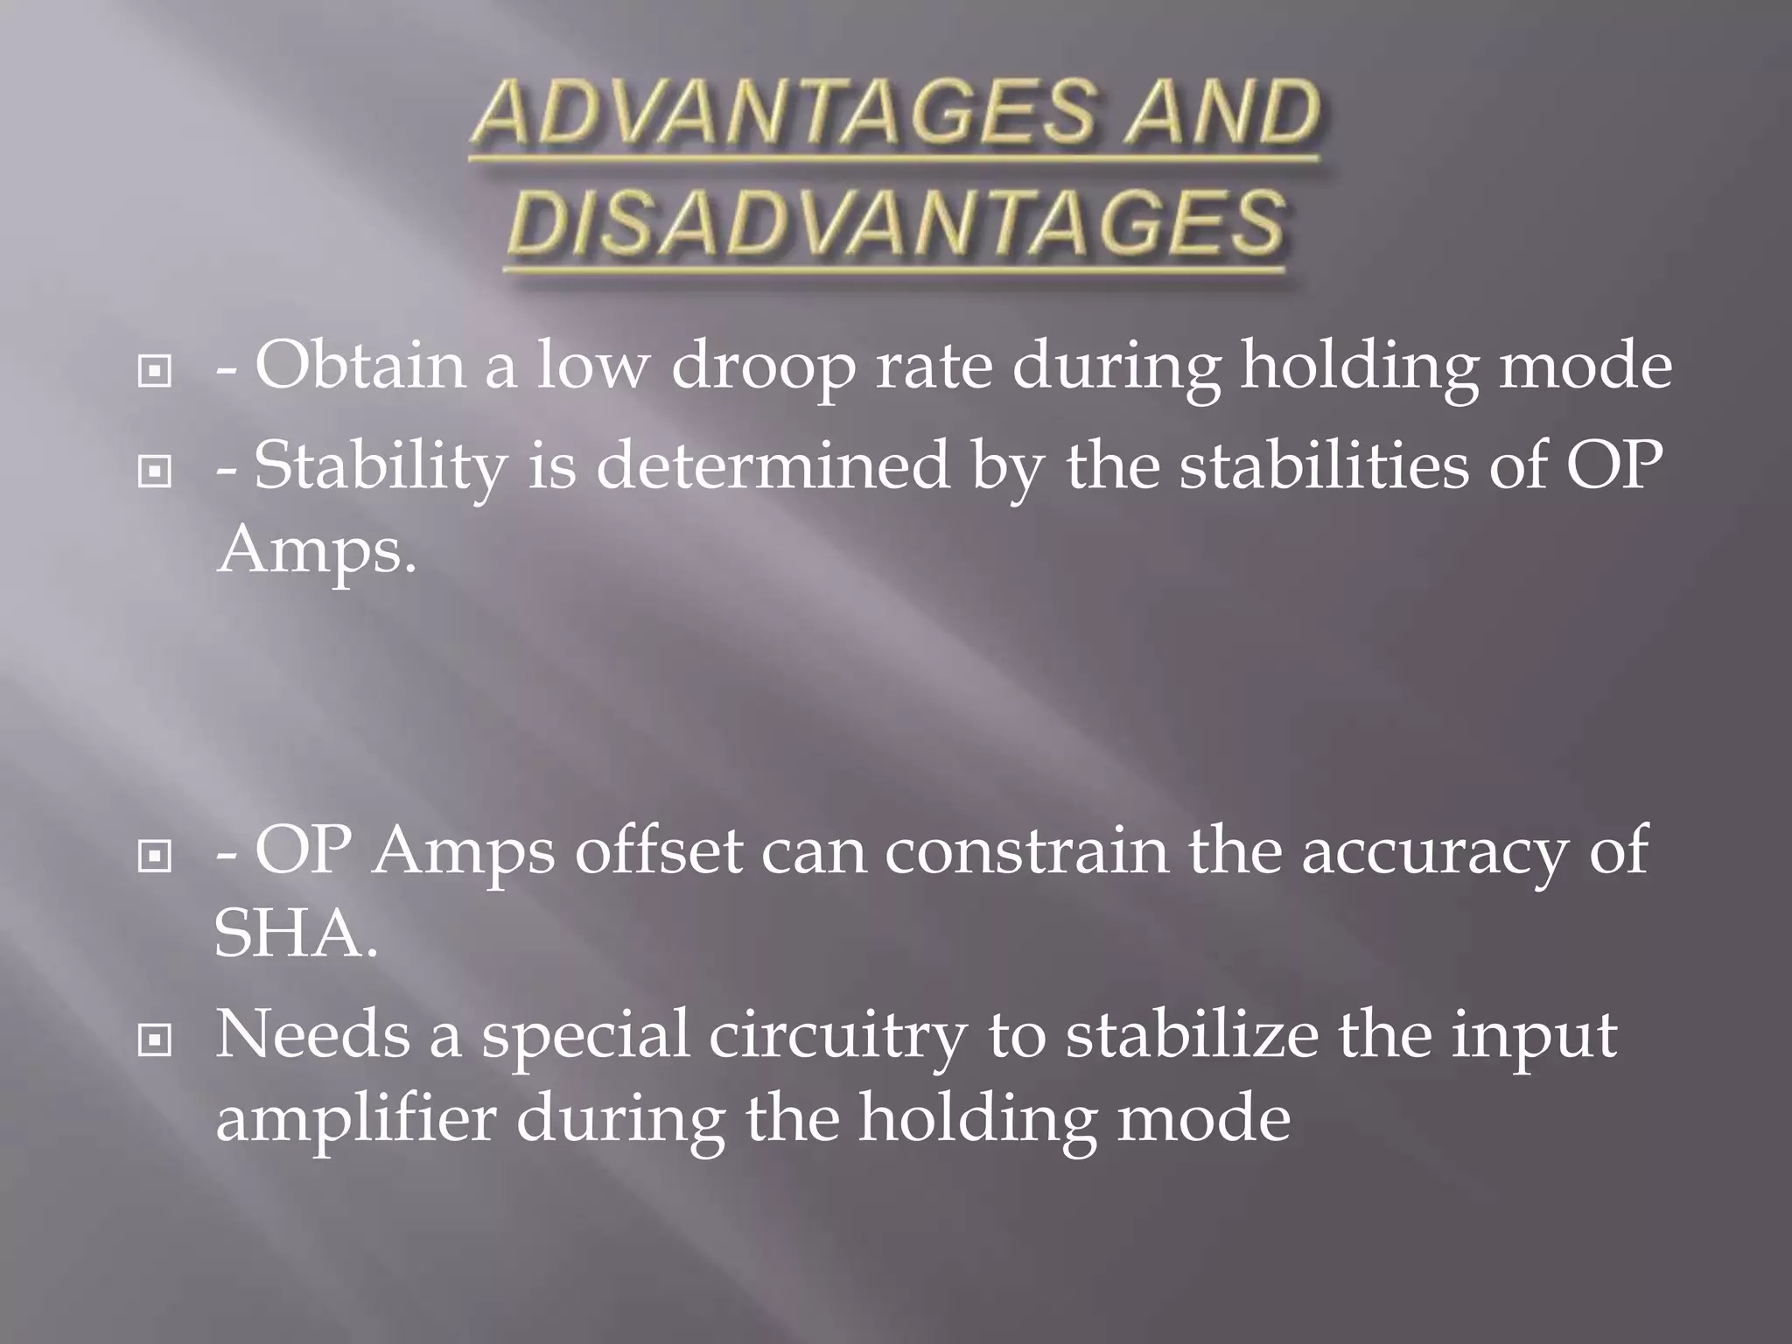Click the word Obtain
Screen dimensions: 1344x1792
click(x=360, y=366)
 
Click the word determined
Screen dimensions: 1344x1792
click(x=773, y=465)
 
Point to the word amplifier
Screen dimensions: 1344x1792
click(x=355, y=1121)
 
